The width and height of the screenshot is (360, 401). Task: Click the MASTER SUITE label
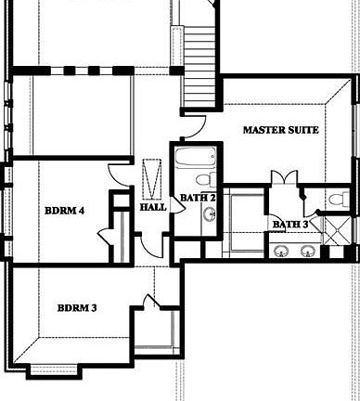[280, 131]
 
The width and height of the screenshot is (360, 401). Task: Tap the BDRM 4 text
[64, 211]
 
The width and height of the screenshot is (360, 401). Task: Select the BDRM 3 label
[77, 307]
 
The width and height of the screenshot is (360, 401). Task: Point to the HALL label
[152, 207]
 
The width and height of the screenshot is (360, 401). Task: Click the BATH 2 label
[198, 198]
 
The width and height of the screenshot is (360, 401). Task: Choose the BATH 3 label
[290, 224]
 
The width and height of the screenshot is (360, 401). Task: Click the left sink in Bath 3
[280, 250]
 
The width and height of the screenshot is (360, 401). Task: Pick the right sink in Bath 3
[307, 250]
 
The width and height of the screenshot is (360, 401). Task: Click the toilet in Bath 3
[339, 198]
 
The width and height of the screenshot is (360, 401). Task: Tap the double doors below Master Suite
[283, 177]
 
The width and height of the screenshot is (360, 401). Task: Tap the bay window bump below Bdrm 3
[57, 369]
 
